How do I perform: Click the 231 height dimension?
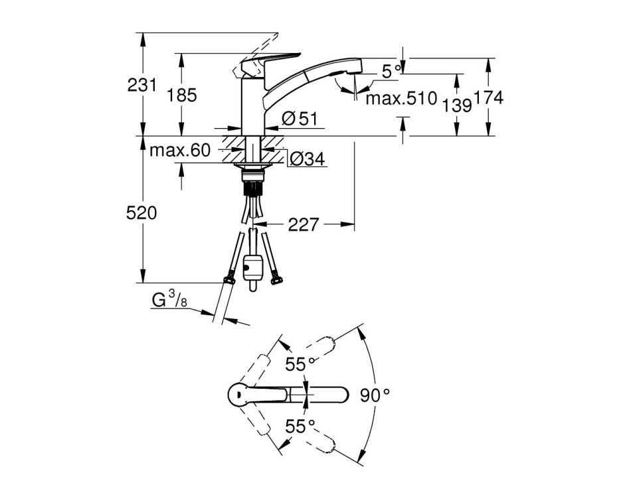point(141,85)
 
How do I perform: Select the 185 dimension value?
point(181,95)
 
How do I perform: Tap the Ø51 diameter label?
point(300,119)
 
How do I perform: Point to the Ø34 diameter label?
point(308,159)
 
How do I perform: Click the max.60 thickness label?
point(180,151)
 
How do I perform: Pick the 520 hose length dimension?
point(141,213)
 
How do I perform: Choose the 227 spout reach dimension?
point(303,224)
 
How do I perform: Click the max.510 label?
point(401,98)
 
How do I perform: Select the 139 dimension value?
point(456,105)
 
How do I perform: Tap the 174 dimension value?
point(488,98)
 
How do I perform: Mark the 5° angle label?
point(392,72)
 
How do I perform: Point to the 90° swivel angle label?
point(375,395)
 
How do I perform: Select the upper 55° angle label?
point(300,364)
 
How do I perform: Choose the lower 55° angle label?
point(300,427)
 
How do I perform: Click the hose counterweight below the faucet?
point(252,268)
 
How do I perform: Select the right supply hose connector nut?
point(277,280)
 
